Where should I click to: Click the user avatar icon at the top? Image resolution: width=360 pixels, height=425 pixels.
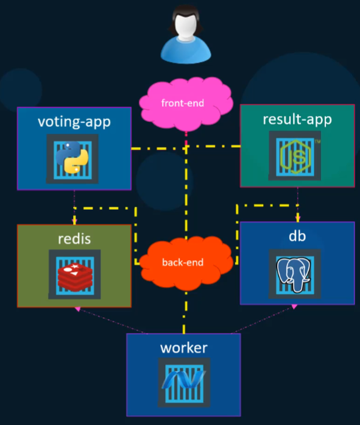point(185,35)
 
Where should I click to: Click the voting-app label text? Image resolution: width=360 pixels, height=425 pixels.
point(74,121)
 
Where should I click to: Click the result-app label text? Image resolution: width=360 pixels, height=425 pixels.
point(297,119)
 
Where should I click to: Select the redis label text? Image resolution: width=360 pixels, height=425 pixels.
point(74,238)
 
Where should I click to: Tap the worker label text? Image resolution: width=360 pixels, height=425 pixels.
point(183,348)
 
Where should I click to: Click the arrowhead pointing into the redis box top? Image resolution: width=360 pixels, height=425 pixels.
point(74,221)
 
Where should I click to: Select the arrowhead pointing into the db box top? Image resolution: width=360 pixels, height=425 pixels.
point(298,218)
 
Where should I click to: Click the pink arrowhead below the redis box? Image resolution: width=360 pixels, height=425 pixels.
point(77,310)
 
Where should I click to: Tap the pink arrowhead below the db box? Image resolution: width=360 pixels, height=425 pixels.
point(294,306)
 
